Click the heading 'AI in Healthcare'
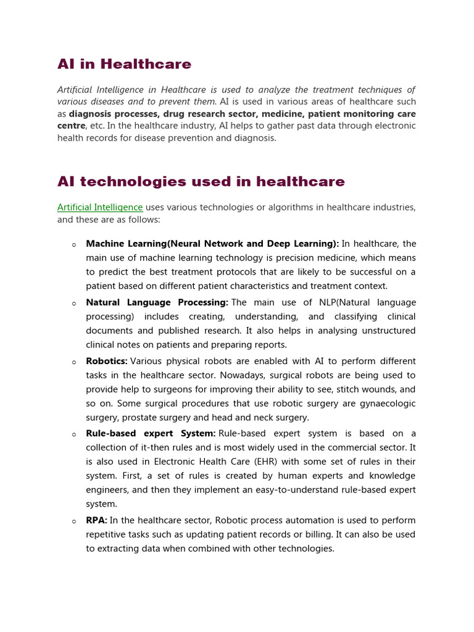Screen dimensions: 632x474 (x=124, y=64)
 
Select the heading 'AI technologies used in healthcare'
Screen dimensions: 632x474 (x=201, y=181)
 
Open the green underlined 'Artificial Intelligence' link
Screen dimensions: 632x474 (x=100, y=207)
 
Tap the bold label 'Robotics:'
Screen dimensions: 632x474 (x=107, y=361)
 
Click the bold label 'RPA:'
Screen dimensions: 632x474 (x=96, y=520)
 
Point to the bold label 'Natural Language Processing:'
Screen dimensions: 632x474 (x=157, y=302)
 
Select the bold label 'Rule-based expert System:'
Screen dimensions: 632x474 (x=151, y=433)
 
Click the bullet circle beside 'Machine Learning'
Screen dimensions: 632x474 (x=73, y=244)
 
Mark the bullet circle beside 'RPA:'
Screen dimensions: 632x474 (x=73, y=522)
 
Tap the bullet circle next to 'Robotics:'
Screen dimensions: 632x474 (x=73, y=362)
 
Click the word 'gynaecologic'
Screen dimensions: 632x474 (x=388, y=404)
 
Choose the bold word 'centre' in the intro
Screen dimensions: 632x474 (x=71, y=126)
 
